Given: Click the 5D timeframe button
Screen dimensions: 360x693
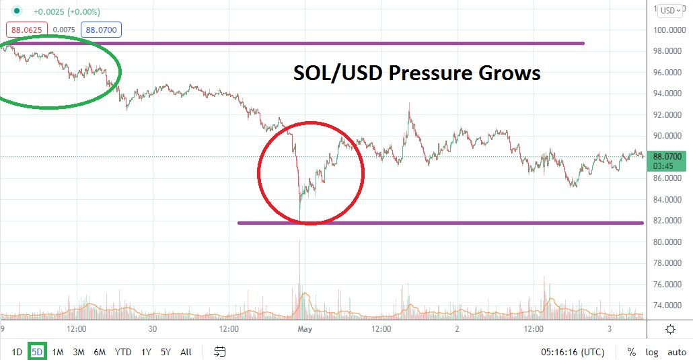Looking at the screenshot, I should [37, 351].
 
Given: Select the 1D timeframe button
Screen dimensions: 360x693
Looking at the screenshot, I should [17, 351].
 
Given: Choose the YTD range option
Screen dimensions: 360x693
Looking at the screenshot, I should [123, 351].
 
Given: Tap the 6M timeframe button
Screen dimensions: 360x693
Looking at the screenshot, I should [100, 351].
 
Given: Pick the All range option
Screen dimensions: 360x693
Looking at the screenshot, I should [186, 351].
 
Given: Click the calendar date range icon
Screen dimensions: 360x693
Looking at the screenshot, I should [220, 351].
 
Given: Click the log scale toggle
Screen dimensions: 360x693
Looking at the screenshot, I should [652, 351].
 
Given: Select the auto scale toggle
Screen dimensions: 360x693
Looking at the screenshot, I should [676, 351].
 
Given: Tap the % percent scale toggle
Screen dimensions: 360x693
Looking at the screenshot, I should [632, 351].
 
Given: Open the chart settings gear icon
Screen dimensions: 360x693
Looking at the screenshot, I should [670, 329].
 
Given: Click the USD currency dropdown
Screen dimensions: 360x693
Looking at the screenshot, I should [670, 10].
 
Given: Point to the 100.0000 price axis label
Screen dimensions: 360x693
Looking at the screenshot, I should [670, 30].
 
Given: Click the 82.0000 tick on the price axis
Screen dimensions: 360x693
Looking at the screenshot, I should [670, 221].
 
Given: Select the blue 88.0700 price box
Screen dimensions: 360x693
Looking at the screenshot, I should [100, 30].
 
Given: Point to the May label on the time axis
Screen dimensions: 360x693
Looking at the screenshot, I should [305, 329].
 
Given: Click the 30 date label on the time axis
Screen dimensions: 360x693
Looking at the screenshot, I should [152, 329].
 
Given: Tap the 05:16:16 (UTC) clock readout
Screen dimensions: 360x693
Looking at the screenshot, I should [573, 351].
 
